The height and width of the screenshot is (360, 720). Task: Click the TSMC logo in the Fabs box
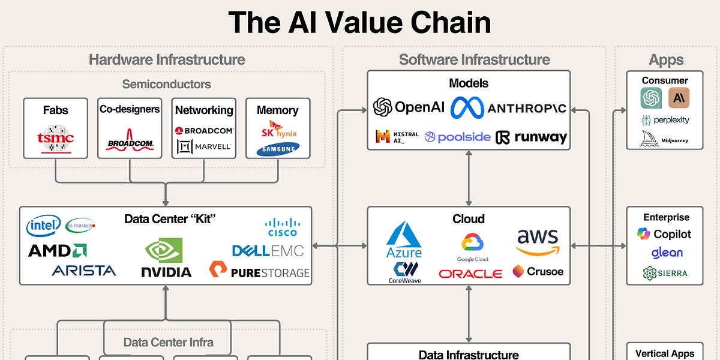click(x=55, y=139)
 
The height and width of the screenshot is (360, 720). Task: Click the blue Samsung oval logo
click(x=278, y=149)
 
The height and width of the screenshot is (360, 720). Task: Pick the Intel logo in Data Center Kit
click(x=43, y=226)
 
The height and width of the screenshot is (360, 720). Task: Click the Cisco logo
click(x=281, y=227)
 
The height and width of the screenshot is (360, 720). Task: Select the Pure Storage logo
click(x=259, y=271)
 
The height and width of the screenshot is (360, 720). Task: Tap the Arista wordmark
click(x=84, y=271)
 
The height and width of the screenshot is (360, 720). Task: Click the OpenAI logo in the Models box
click(x=409, y=107)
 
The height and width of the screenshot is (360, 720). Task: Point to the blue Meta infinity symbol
click(x=467, y=107)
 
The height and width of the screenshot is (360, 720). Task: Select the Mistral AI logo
click(x=390, y=137)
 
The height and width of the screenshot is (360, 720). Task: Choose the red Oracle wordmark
click(x=470, y=274)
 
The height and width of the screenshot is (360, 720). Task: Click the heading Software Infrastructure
click(x=474, y=59)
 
